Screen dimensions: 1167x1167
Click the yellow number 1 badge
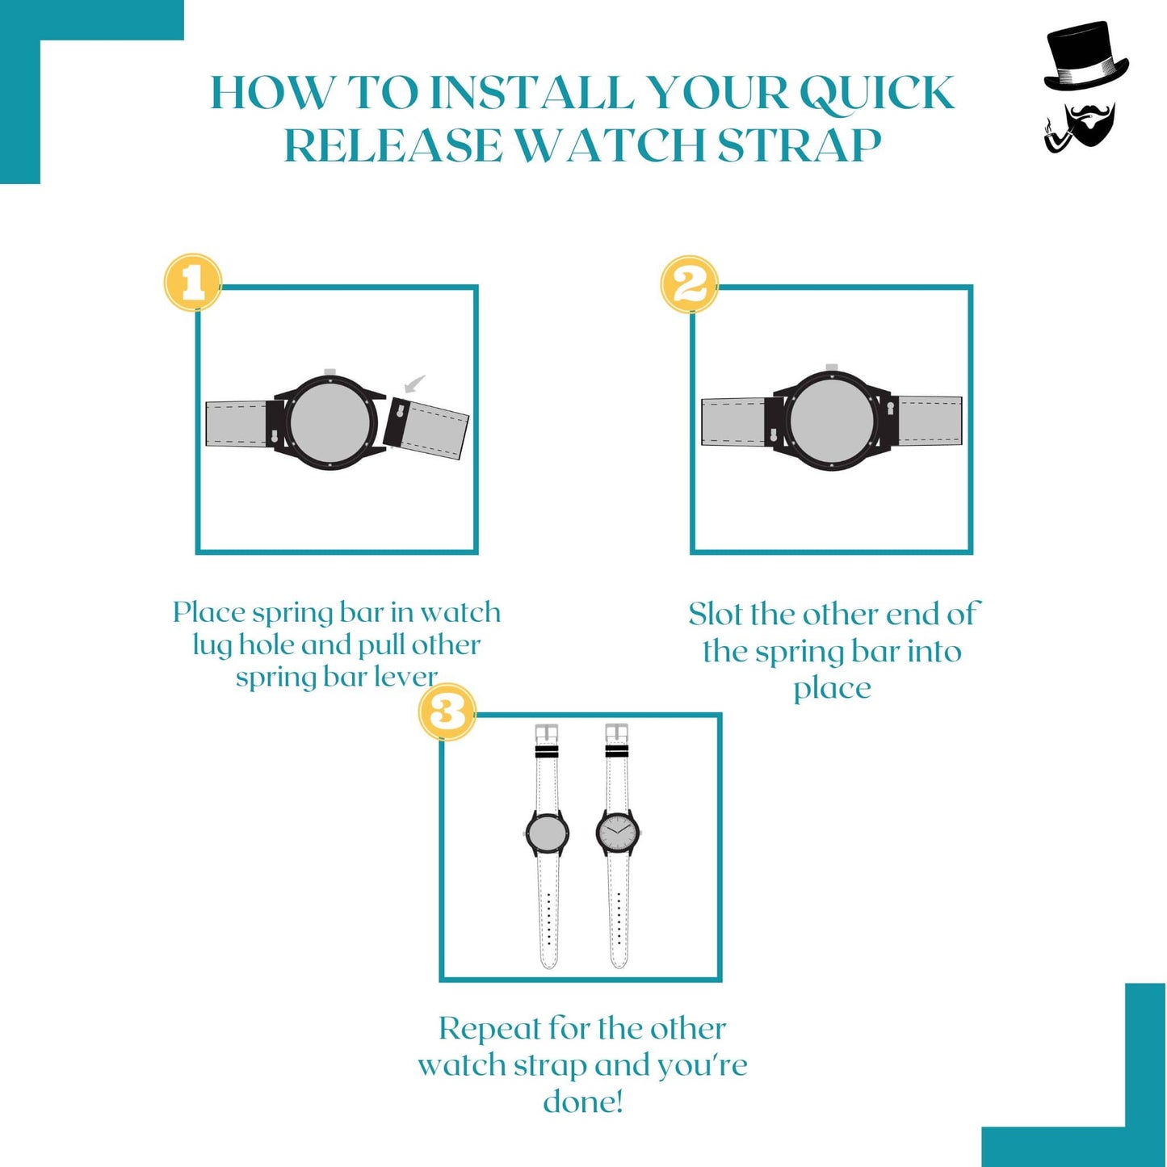point(193,283)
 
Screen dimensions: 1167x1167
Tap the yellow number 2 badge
point(689,284)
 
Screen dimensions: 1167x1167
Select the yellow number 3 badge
point(447,712)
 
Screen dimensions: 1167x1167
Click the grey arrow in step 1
point(414,384)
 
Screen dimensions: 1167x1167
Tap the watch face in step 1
point(330,422)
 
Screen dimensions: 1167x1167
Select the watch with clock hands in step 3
point(618,832)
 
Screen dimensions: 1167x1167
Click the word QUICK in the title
point(877,93)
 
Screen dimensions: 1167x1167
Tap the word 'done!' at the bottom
point(583,1102)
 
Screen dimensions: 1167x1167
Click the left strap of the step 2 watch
point(733,422)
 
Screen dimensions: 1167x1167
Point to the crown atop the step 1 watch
point(330,372)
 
